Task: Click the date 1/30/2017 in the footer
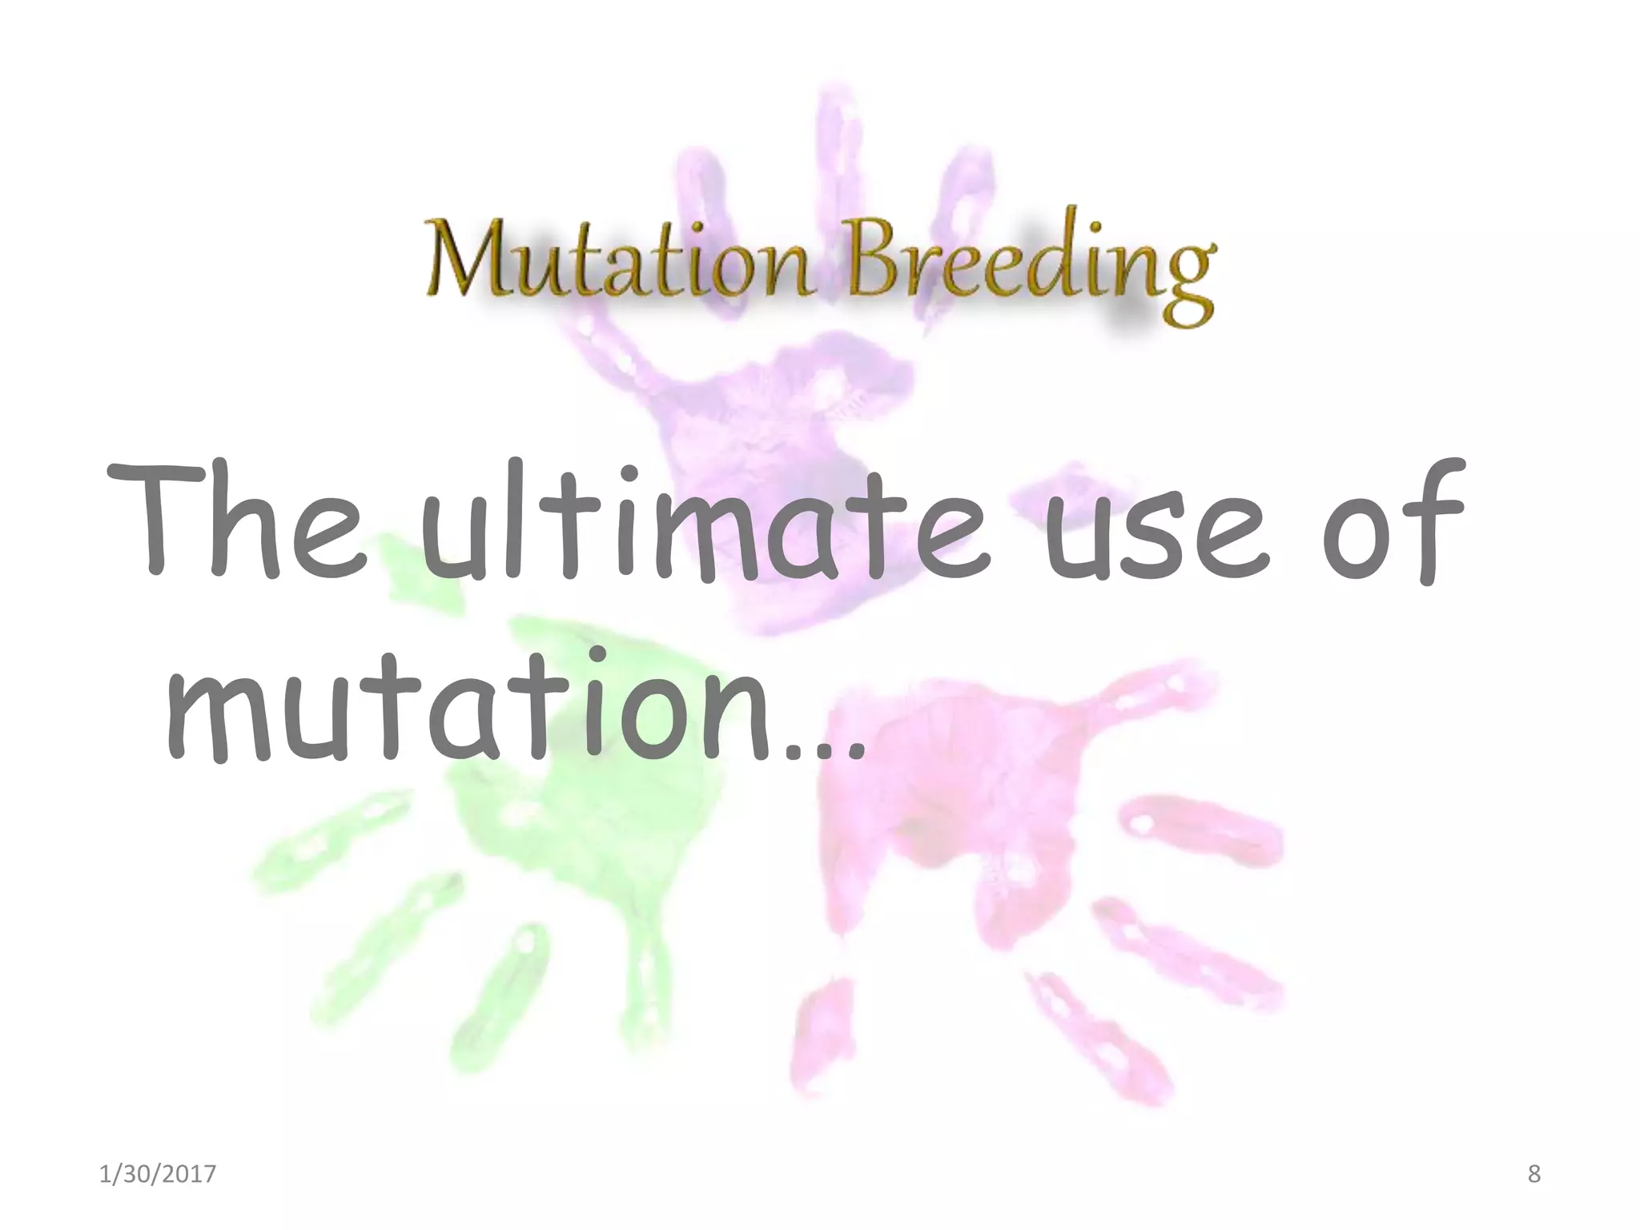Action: coord(158,1174)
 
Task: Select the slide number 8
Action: coord(1533,1174)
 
